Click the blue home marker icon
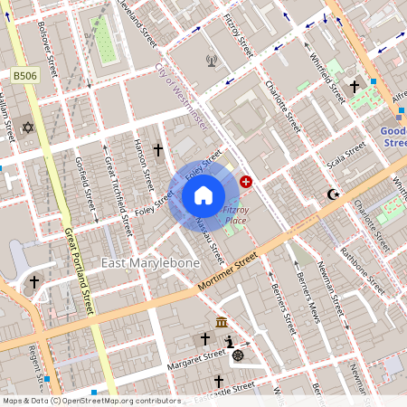click(203, 194)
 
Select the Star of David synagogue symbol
click(27, 128)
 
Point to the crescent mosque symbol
click(334, 194)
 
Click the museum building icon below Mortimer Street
click(222, 323)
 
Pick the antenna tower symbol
click(212, 62)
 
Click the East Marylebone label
click(150, 263)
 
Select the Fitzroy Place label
click(234, 215)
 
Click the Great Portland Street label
click(79, 271)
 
